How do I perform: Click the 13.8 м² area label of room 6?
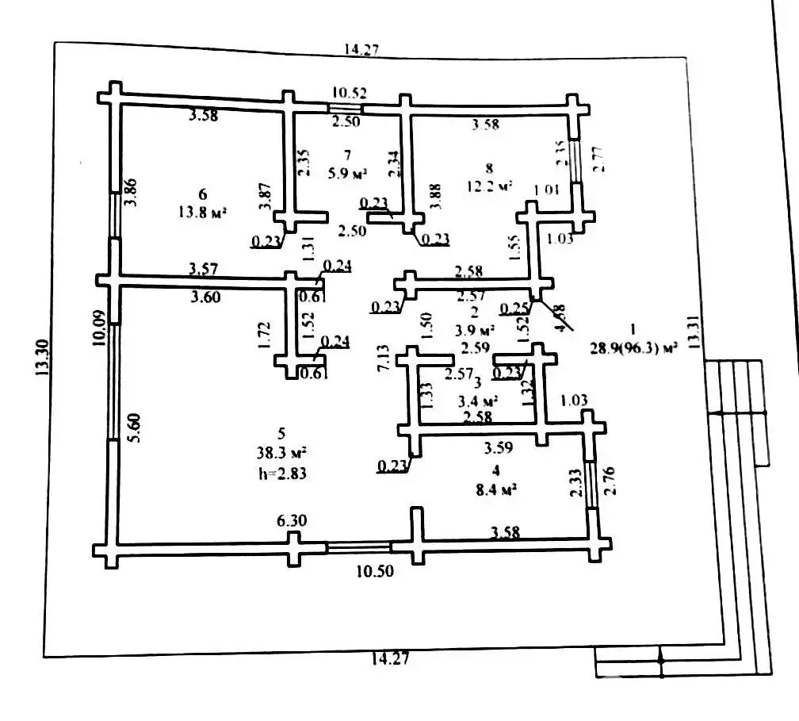tap(203, 212)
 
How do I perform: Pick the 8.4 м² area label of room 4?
tap(495, 490)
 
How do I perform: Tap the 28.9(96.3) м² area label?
tap(634, 347)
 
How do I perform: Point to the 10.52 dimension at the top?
tap(349, 93)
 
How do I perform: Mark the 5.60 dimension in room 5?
tap(136, 429)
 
